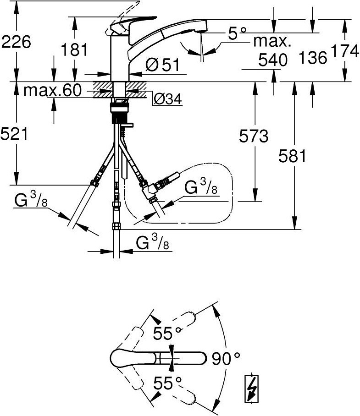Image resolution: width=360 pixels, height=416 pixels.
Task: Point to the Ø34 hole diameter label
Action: (168, 98)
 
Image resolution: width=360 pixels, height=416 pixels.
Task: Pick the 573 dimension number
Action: (253, 136)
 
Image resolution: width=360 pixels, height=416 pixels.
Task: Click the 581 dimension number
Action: (292, 157)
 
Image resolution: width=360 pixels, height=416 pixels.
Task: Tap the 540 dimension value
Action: (273, 60)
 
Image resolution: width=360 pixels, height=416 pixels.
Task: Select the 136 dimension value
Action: (312, 58)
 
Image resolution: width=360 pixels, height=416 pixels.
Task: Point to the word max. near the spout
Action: (273, 42)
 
